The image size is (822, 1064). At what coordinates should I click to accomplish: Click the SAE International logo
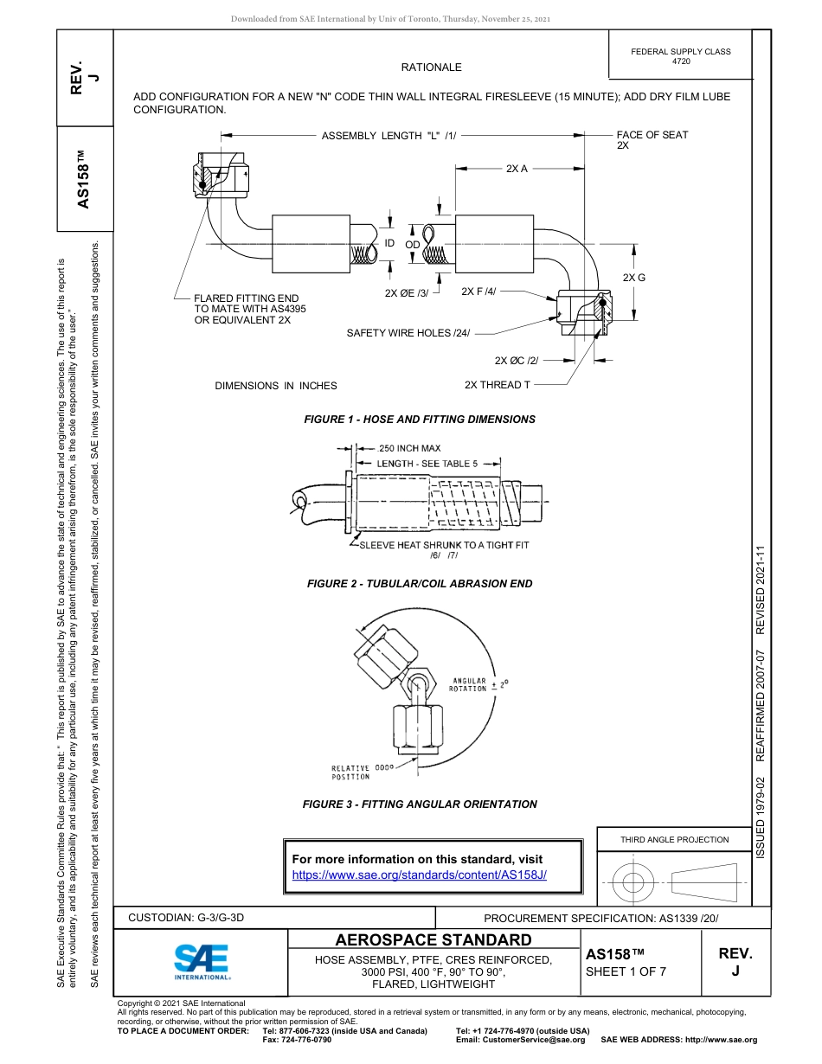pyautogui.click(x=202, y=961)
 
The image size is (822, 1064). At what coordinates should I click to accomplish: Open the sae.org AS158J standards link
pyautogui.click(x=420, y=875)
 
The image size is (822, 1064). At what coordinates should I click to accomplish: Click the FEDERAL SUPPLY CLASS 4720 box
pyautogui.click(x=680, y=57)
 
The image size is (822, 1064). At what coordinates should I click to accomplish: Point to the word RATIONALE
pyautogui.click(x=431, y=67)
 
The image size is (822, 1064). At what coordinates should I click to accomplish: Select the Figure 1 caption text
pyautogui.click(x=419, y=420)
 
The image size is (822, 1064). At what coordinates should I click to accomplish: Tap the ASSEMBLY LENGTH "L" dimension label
pyautogui.click(x=389, y=136)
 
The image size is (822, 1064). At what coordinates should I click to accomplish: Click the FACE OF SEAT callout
pyautogui.click(x=652, y=140)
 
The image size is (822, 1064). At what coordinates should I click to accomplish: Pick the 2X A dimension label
pyautogui.click(x=517, y=169)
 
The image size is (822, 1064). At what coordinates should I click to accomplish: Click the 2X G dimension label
pyautogui.click(x=634, y=277)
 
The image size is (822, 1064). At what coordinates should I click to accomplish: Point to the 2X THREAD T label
pyautogui.click(x=497, y=385)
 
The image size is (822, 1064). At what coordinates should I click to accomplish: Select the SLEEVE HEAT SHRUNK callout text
pyautogui.click(x=443, y=545)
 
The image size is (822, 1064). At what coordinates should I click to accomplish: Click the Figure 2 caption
pyautogui.click(x=419, y=584)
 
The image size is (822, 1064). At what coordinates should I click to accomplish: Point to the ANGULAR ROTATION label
pyautogui.click(x=468, y=684)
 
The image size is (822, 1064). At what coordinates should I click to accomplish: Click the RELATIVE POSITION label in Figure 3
pyautogui.click(x=350, y=772)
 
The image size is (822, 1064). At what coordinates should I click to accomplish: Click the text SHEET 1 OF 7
pyautogui.click(x=626, y=971)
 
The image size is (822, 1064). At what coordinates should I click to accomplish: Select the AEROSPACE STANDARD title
pyautogui.click(x=433, y=940)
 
